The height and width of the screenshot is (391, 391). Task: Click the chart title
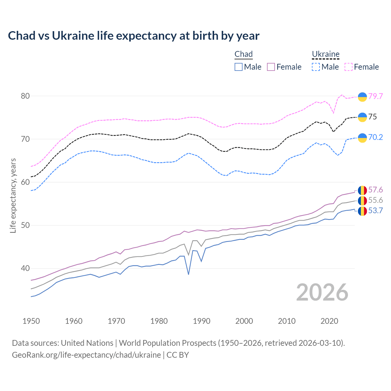133,36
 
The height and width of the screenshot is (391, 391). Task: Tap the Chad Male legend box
239,67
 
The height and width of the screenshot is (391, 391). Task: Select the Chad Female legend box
271,67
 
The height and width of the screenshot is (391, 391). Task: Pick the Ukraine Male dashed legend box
316,67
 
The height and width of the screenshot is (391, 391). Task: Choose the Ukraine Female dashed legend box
349,67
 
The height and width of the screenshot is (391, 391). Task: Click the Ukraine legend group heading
326,54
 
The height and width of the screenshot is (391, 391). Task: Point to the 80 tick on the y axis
25,96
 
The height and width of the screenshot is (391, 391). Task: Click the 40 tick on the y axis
25,269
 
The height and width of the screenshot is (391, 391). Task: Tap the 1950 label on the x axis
31,321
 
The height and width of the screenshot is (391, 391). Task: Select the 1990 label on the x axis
202,321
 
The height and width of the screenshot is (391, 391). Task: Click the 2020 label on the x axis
329,321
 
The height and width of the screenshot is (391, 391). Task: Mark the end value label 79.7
375,96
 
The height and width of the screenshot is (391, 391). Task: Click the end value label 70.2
375,137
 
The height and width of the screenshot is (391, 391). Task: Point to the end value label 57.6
375,190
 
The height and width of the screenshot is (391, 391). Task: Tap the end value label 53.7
375,211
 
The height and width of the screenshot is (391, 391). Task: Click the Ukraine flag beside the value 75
362,117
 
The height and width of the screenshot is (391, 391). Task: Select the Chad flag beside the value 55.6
362,201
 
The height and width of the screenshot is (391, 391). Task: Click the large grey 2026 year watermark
322,292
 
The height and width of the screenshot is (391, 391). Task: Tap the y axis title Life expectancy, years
13,195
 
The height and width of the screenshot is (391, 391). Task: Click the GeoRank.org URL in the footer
86,355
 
